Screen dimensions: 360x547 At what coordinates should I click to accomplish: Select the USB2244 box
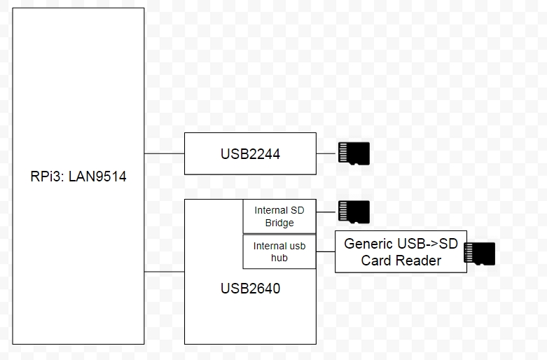(x=250, y=153)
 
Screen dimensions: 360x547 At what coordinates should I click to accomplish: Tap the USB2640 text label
(x=250, y=288)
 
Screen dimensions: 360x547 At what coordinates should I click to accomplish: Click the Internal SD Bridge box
(x=279, y=216)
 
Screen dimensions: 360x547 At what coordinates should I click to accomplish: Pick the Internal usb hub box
(x=279, y=251)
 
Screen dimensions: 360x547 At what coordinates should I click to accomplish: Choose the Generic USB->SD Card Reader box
(x=401, y=251)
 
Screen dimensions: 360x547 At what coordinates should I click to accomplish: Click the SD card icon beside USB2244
(x=353, y=153)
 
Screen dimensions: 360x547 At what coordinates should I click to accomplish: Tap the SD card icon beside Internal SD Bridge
(x=353, y=212)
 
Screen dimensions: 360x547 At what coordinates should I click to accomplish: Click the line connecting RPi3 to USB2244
(x=164, y=153)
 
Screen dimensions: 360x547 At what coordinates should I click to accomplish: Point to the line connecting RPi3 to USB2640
(x=164, y=272)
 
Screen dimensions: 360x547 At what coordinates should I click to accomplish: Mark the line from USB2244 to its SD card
(x=326, y=153)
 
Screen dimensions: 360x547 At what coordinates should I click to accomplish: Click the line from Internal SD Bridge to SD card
(x=326, y=212)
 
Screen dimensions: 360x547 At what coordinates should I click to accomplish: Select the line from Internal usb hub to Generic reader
(x=325, y=251)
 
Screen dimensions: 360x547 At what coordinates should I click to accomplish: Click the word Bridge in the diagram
(x=279, y=223)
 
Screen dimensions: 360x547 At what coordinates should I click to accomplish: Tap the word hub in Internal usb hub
(x=279, y=258)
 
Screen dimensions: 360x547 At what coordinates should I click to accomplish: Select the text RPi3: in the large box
(x=44, y=176)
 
